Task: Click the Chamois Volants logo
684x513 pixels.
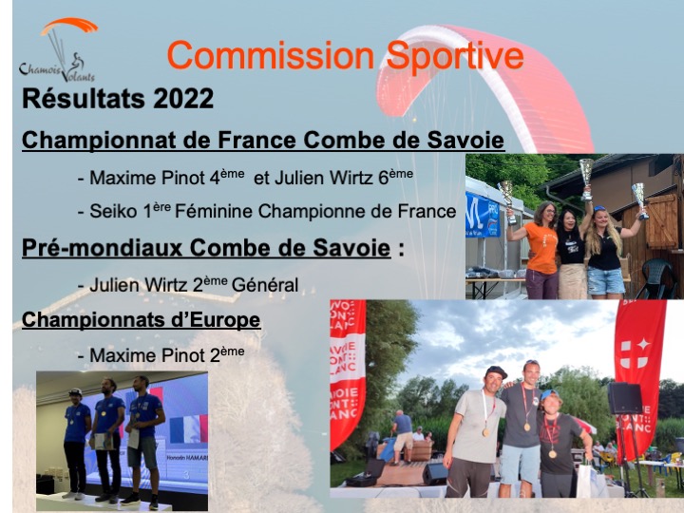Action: [59, 49]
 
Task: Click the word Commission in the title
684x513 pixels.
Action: [271, 55]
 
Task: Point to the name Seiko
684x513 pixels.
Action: [112, 212]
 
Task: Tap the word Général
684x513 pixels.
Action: [265, 285]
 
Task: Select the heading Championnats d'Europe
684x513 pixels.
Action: [142, 320]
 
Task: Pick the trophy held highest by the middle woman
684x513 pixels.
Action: [587, 178]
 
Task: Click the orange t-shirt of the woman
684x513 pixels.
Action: [541, 247]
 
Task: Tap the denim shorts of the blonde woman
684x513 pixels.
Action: [605, 280]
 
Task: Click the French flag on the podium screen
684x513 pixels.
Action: [188, 428]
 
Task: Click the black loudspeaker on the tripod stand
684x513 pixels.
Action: [625, 398]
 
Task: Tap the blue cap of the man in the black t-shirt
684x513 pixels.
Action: [548, 394]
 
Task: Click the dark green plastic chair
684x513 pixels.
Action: [658, 278]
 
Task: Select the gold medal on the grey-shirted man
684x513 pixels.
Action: [485, 432]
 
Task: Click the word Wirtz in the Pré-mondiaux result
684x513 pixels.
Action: [166, 285]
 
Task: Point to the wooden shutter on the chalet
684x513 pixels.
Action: [662, 221]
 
